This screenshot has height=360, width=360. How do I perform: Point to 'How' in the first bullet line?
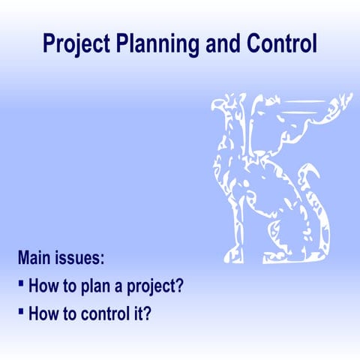[42, 286]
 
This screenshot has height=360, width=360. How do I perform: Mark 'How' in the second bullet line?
[42, 313]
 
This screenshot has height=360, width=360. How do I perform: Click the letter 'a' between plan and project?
[123, 287]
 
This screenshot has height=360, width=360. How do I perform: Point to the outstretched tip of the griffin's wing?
[345, 97]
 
